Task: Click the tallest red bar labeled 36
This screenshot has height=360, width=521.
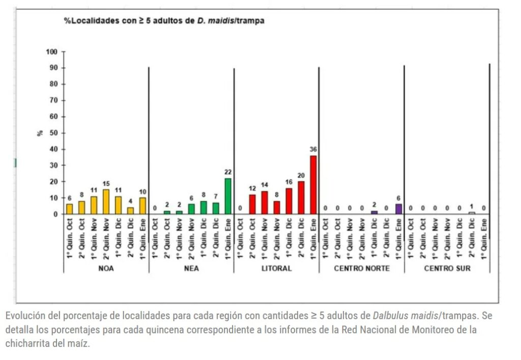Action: click(x=313, y=185)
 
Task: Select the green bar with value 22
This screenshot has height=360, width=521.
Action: click(x=228, y=196)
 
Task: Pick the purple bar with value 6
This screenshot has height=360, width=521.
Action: click(x=398, y=209)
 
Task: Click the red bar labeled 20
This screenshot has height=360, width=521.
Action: click(x=301, y=198)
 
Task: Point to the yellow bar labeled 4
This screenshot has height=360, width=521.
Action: click(x=130, y=210)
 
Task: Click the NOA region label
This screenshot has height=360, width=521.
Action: click(x=106, y=268)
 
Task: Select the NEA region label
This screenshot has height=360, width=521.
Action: click(x=191, y=268)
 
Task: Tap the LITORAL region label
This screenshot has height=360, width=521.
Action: click(x=277, y=268)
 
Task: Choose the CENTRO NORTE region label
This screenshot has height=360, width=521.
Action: click(x=362, y=268)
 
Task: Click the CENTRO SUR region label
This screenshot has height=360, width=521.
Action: click(x=447, y=268)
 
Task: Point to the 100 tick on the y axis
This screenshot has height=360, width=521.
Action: click(x=51, y=52)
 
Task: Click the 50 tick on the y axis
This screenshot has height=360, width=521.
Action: click(x=53, y=133)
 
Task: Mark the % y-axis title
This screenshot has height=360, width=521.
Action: click(x=39, y=133)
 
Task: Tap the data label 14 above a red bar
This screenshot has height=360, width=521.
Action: click(x=265, y=185)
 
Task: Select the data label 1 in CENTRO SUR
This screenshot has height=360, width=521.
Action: click(x=472, y=207)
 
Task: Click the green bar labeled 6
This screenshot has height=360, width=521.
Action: click(x=191, y=209)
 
